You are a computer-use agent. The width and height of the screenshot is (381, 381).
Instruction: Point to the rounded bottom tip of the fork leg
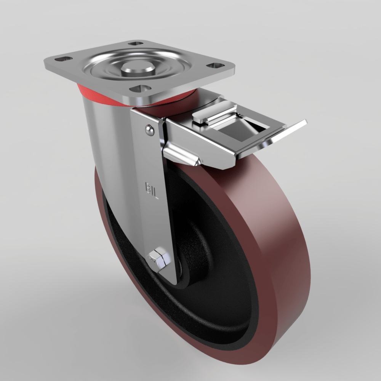pyautogui.click(x=170, y=278)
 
